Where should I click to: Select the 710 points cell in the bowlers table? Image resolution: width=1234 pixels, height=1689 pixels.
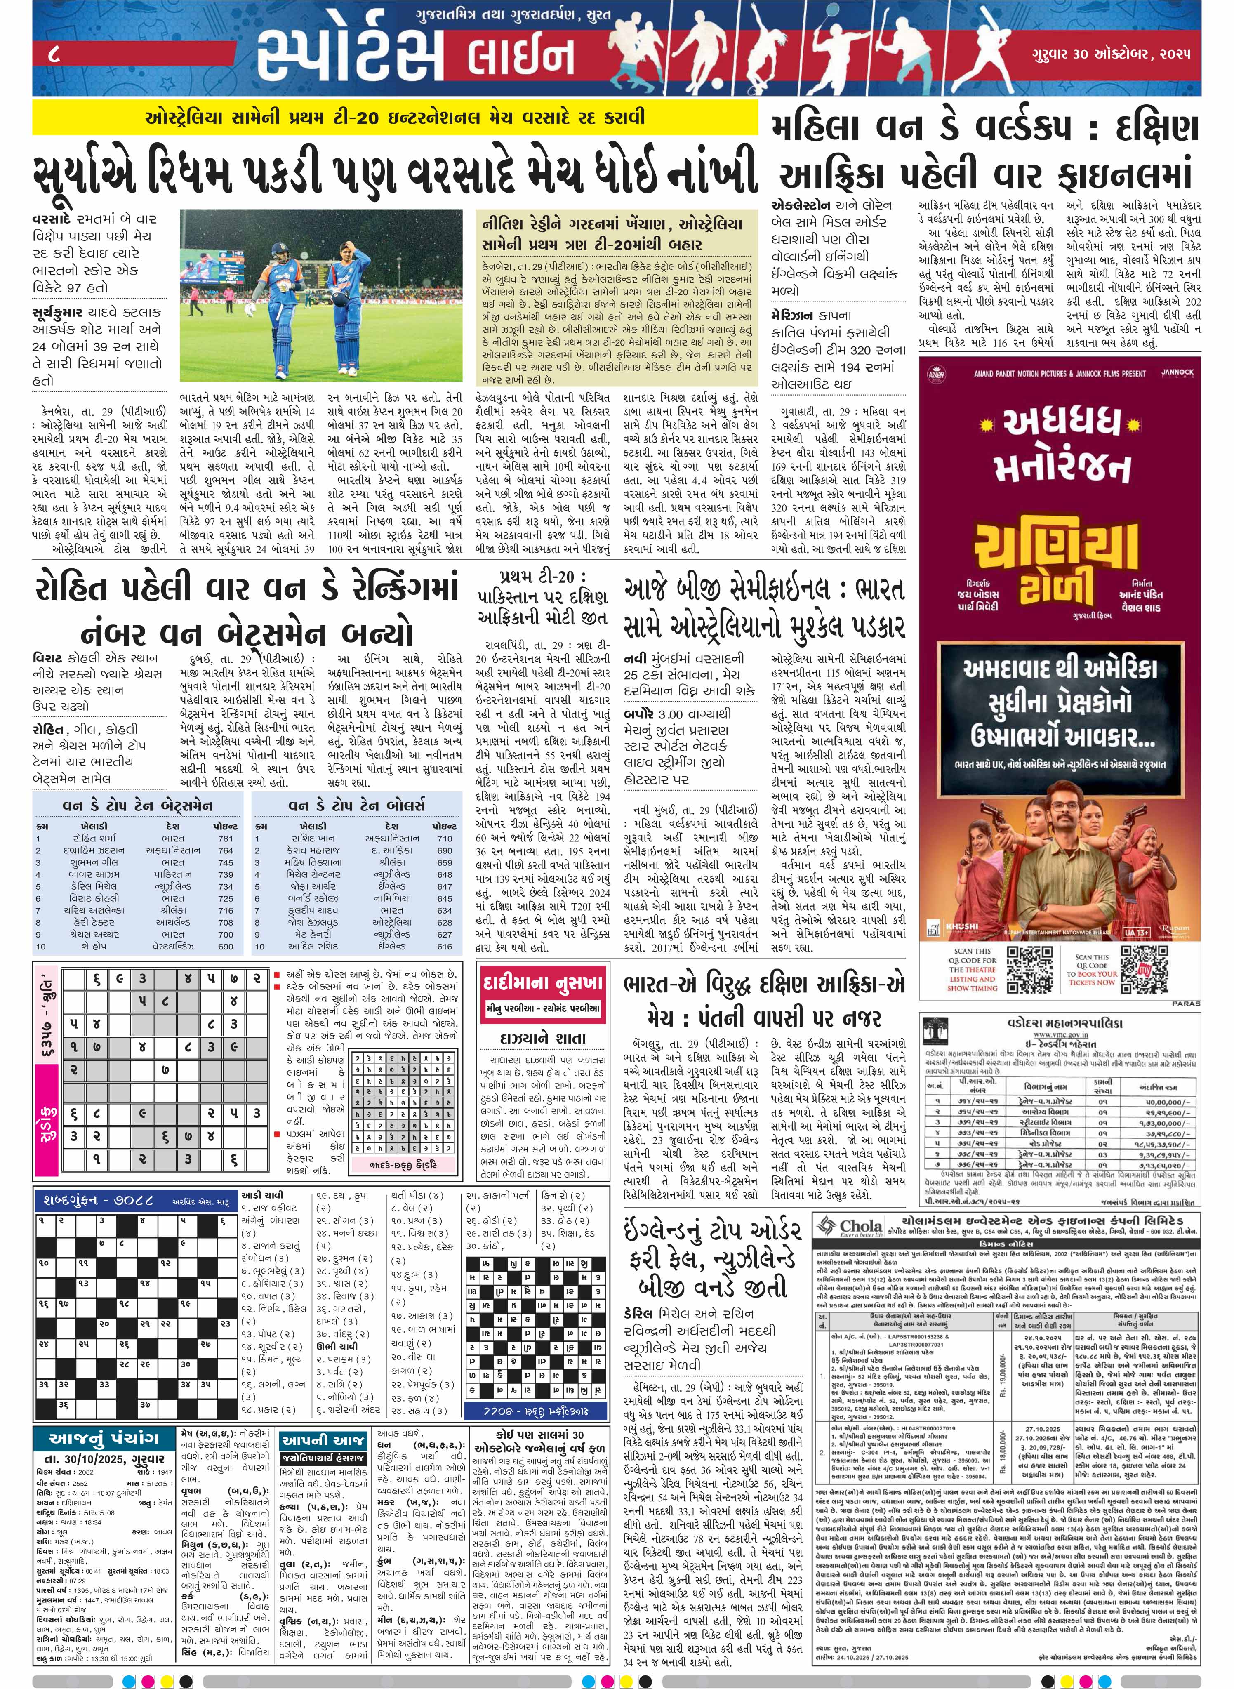point(445,838)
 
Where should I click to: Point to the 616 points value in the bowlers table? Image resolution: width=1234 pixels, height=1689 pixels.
point(445,946)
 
